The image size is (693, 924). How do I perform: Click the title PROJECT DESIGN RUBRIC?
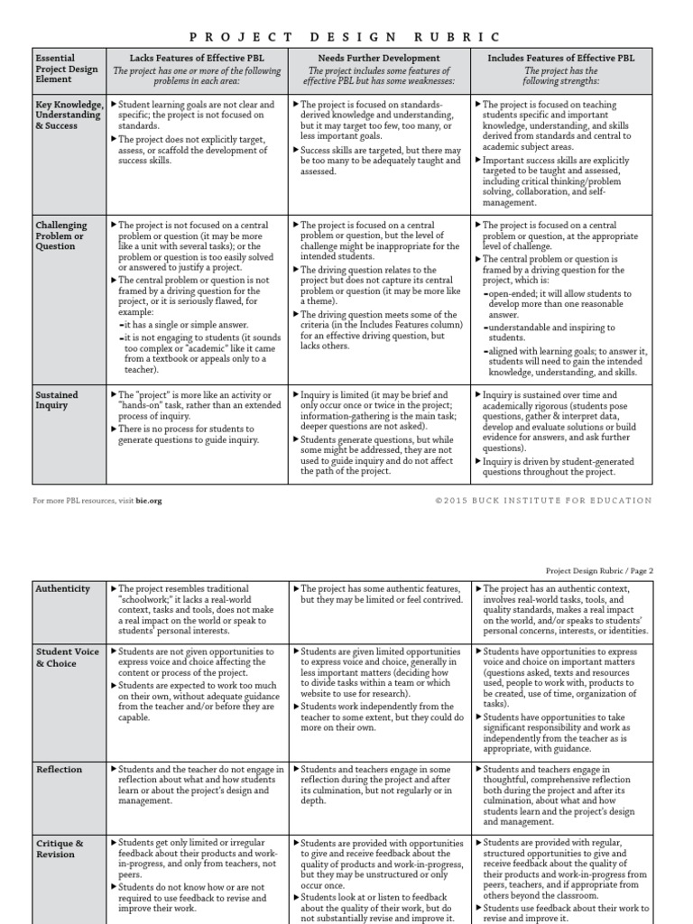point(346,36)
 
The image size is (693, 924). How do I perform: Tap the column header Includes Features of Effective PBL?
point(561,58)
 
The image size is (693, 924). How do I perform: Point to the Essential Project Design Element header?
point(68,69)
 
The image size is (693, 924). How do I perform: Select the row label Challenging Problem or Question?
point(61,236)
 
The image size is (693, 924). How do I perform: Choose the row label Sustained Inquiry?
point(57,400)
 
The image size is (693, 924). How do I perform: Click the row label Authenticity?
point(62,589)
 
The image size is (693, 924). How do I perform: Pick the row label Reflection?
point(59,770)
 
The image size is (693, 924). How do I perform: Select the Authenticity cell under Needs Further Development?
point(379,595)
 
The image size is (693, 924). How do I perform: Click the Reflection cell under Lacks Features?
point(197,784)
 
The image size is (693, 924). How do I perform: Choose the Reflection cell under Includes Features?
point(561,795)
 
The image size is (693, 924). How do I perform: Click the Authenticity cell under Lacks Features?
point(197,609)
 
